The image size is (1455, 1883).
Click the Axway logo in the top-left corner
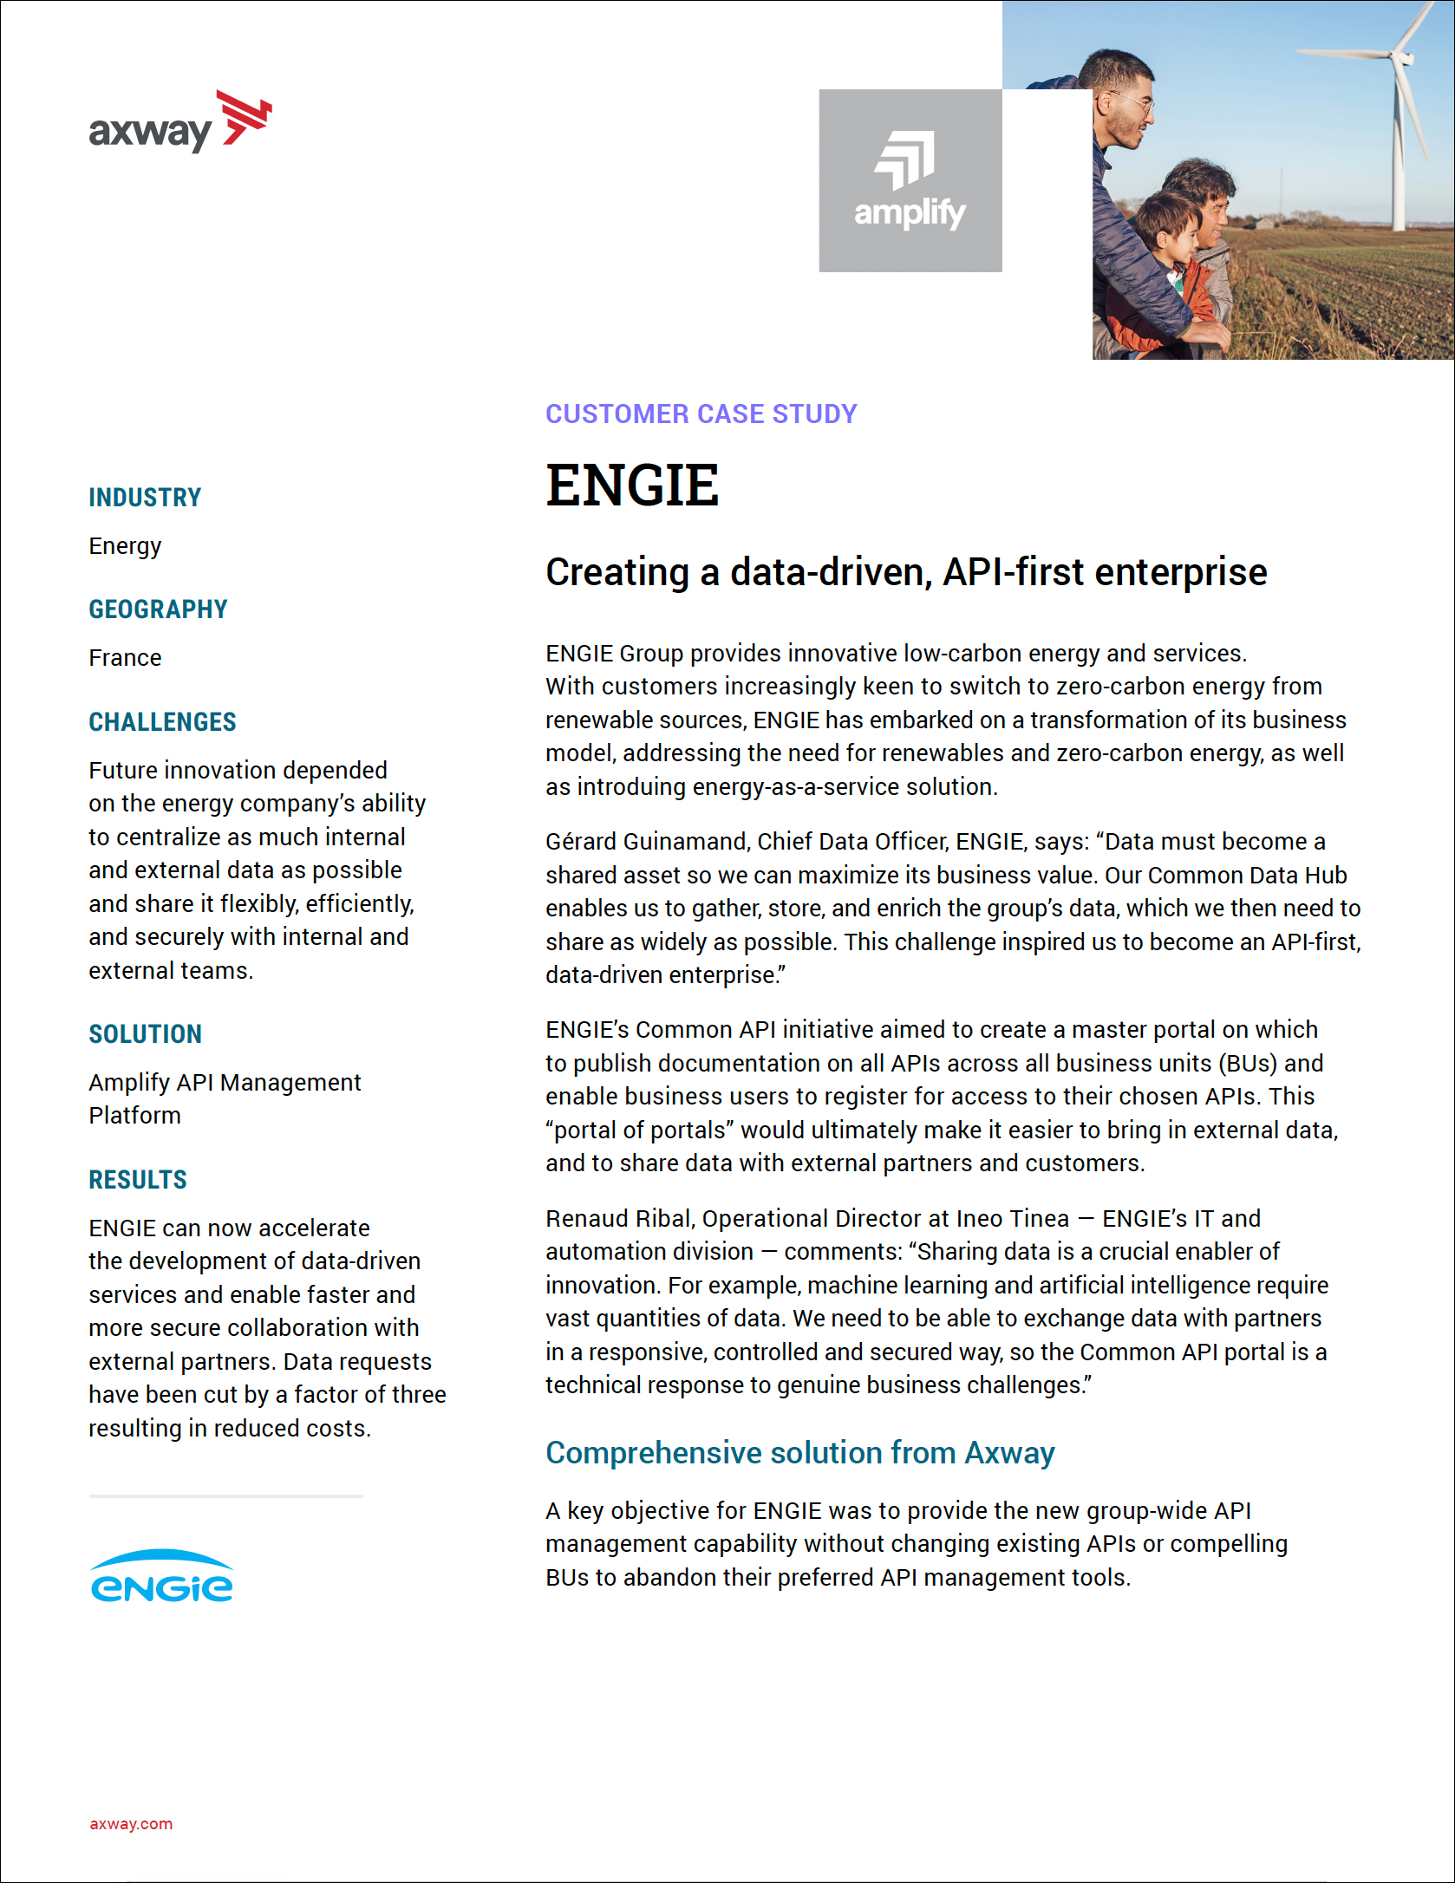(x=179, y=122)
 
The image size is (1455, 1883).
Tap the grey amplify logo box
(x=910, y=180)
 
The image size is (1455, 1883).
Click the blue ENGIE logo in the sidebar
(x=161, y=1576)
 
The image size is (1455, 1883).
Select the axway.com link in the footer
(x=131, y=1824)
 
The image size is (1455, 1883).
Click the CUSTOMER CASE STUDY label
(x=701, y=414)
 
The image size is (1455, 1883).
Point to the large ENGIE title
(x=632, y=485)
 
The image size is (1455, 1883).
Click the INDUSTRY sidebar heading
(x=145, y=498)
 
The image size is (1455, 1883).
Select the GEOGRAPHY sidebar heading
(x=158, y=609)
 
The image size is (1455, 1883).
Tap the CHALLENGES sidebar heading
(x=162, y=721)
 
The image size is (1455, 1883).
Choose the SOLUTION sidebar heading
(x=145, y=1033)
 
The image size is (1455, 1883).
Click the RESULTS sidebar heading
(x=138, y=1179)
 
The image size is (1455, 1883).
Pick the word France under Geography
(x=125, y=658)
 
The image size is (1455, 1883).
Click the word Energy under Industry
(x=125, y=546)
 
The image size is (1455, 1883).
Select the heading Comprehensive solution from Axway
(x=799, y=1452)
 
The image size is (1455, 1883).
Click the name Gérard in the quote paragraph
(x=580, y=842)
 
